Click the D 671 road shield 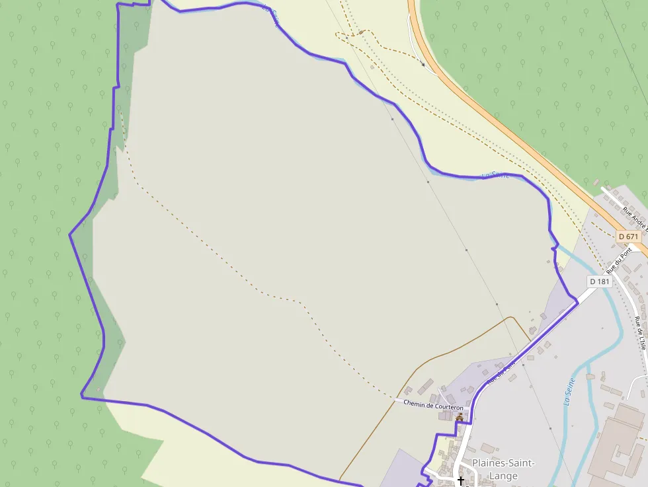[629, 236]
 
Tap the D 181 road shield [599, 281]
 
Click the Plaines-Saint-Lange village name [503, 468]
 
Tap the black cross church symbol [461, 481]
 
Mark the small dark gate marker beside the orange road [423, 64]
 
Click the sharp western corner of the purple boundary [70, 234]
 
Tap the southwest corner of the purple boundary [82, 396]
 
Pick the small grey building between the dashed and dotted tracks [372, 66]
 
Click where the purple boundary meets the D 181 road [577, 302]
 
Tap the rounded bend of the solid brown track [511, 318]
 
